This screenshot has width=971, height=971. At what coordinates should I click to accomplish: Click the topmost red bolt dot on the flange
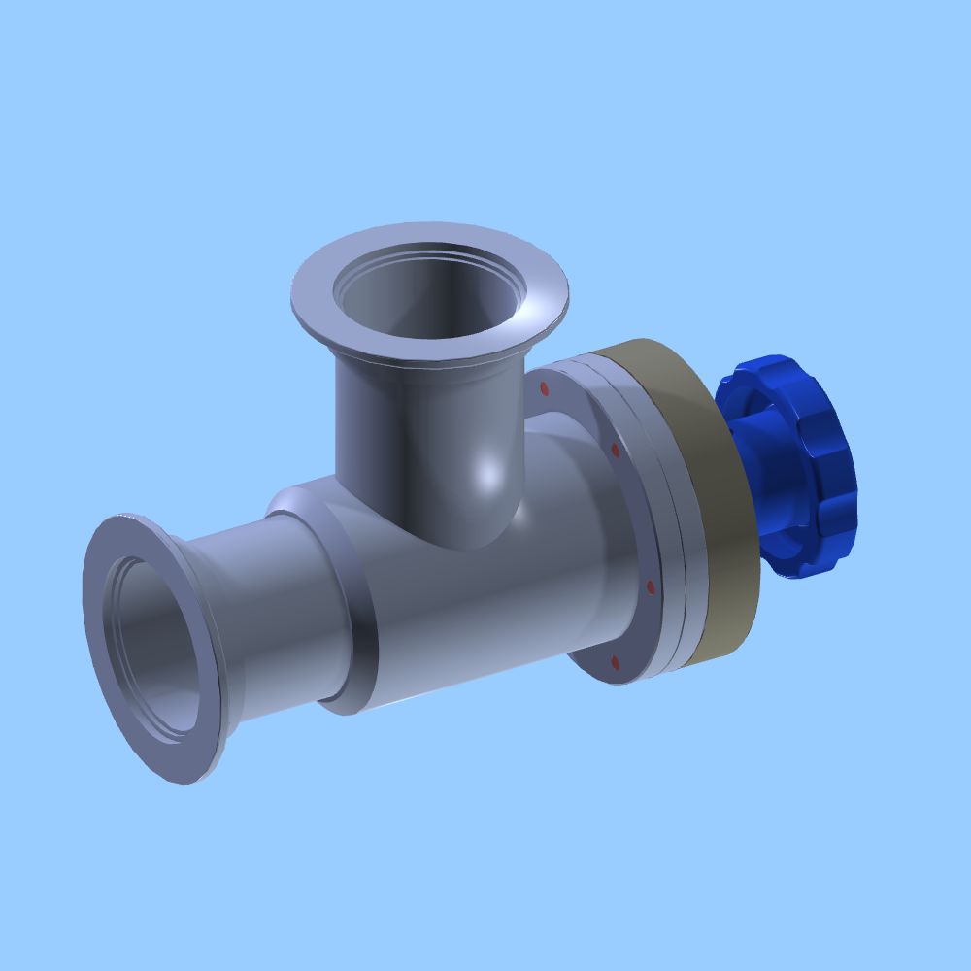click(544, 388)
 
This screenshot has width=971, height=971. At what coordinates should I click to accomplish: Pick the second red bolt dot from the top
click(615, 450)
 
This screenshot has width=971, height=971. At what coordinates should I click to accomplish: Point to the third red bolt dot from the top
click(650, 587)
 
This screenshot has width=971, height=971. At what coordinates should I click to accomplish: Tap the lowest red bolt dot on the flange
click(615, 662)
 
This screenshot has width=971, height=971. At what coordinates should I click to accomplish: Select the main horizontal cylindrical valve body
click(485, 612)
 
